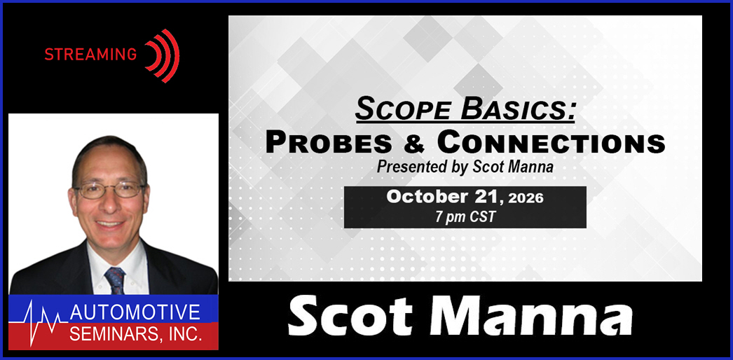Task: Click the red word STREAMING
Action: tap(90, 55)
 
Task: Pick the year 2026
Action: tap(526, 198)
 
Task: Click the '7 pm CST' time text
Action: tap(465, 217)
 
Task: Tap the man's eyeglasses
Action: tap(110, 190)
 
